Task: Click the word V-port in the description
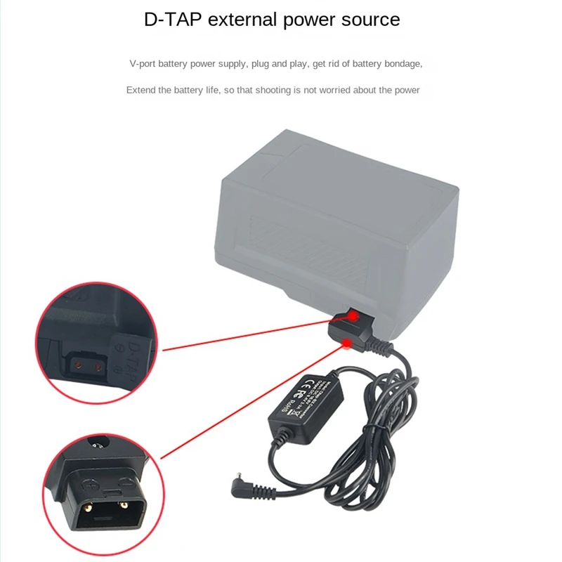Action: pyautogui.click(x=143, y=64)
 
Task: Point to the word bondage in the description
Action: pyautogui.click(x=402, y=64)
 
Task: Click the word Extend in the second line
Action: pyautogui.click(x=140, y=90)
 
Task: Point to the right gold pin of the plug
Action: pyautogui.click(x=123, y=504)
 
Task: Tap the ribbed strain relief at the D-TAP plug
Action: pyautogui.click(x=380, y=345)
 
